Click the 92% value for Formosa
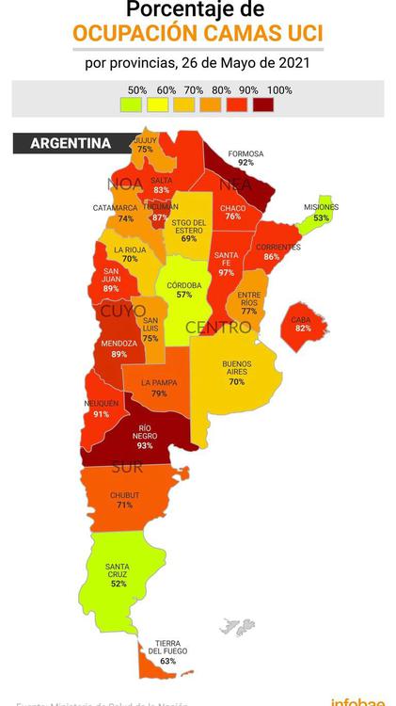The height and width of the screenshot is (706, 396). tap(246, 163)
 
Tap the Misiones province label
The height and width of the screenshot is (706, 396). tap(322, 207)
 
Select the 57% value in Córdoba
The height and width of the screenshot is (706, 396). tap(183, 295)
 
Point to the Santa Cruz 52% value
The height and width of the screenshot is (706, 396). tap(119, 584)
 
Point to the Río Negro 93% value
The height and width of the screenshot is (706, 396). tap(144, 445)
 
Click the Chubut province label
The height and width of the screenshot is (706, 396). tap(124, 495)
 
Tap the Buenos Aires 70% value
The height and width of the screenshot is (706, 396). tap(236, 382)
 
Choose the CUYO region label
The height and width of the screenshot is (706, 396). tap(123, 310)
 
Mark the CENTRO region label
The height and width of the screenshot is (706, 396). tap(218, 328)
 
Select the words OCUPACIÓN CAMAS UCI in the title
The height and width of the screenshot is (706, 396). tap(198, 34)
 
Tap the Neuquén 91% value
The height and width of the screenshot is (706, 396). tap(101, 413)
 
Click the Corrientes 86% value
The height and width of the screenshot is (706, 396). tap(272, 256)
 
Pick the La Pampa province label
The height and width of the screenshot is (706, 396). tap(159, 383)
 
